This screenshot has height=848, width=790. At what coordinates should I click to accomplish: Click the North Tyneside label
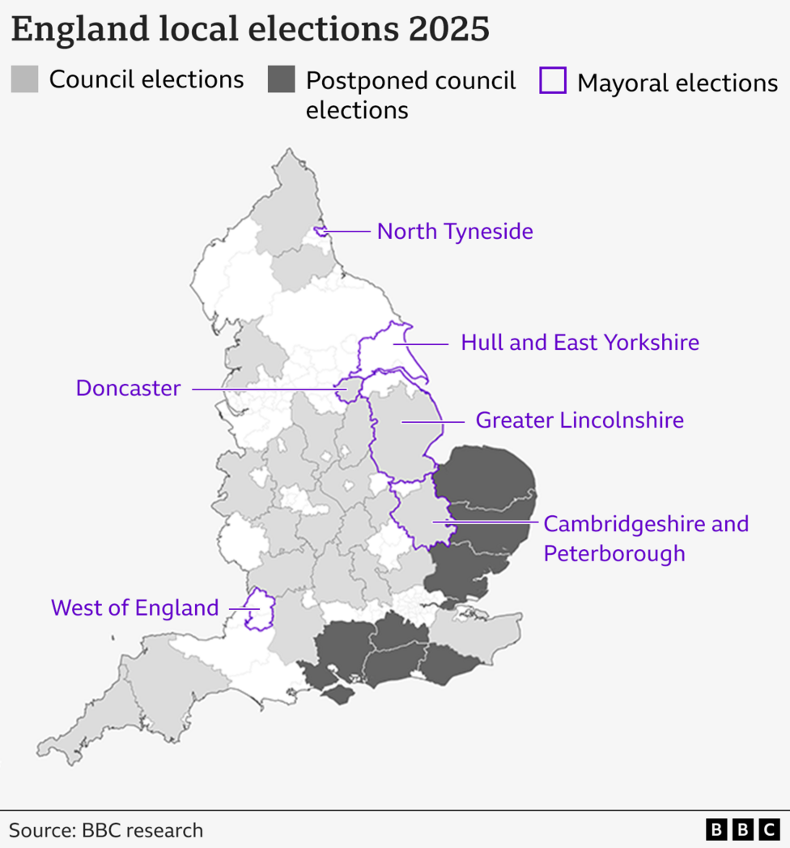click(x=455, y=232)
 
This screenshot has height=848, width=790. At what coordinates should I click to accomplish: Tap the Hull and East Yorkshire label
click(x=580, y=343)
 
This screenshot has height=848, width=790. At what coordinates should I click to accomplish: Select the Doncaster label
click(x=128, y=388)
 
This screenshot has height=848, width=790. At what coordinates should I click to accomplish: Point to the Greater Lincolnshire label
click(x=579, y=420)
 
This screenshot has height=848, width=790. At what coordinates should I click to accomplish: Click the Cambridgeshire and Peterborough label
click(x=645, y=539)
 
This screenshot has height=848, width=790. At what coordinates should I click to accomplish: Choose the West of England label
click(x=134, y=607)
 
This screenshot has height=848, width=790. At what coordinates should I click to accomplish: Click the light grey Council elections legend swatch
click(x=24, y=79)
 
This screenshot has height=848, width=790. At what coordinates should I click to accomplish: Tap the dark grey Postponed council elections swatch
click(x=281, y=79)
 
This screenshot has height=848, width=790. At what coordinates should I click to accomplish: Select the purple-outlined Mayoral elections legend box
click(x=553, y=81)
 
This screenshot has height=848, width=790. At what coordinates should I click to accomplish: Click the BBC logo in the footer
click(x=741, y=829)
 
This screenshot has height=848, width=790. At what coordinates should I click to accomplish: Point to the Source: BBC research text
click(x=106, y=830)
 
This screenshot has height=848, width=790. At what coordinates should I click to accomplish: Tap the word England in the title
click(x=70, y=29)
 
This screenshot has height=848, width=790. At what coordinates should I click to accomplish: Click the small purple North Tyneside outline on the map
click(x=321, y=231)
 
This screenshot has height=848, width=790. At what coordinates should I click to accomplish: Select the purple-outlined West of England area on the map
click(x=258, y=609)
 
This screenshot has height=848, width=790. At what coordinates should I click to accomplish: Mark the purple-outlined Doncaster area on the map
click(x=349, y=389)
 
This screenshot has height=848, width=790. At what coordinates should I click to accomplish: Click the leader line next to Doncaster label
click(x=267, y=389)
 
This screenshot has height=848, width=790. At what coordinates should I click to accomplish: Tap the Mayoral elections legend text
click(x=677, y=83)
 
